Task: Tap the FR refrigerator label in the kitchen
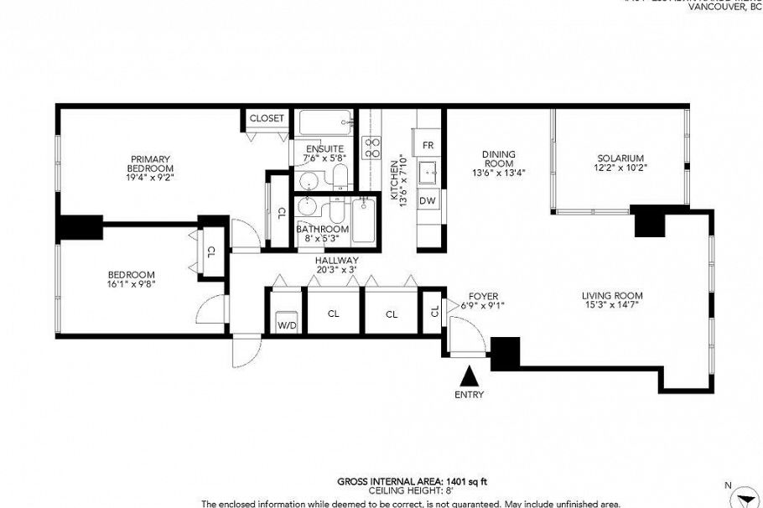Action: (x=428, y=145)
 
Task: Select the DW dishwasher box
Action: (x=428, y=200)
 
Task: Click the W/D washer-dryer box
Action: (x=287, y=322)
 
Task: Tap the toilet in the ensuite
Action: (x=340, y=177)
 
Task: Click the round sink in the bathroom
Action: (x=306, y=207)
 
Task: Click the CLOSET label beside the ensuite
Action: (x=267, y=119)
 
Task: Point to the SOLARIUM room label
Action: (x=620, y=158)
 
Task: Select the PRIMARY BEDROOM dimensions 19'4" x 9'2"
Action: (x=150, y=178)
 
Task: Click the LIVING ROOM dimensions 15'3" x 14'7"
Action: (x=612, y=306)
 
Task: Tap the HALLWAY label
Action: (x=336, y=261)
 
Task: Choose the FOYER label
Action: (x=484, y=295)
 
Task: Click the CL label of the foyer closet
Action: (x=434, y=312)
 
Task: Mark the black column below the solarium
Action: (x=648, y=220)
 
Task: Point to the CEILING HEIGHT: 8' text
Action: (x=413, y=491)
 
